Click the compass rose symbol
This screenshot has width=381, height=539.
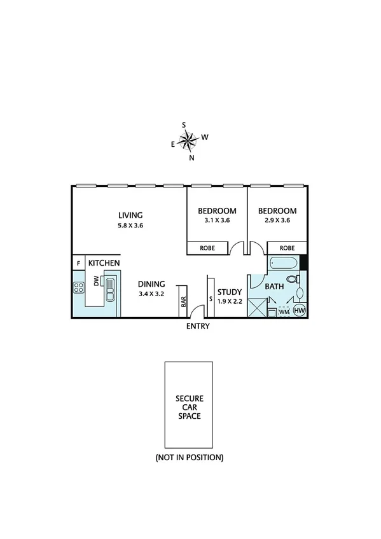click(x=189, y=140)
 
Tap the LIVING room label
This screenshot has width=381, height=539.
click(x=130, y=215)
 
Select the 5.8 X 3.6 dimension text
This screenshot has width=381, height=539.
click(x=130, y=226)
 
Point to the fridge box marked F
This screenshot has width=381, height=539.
click(x=78, y=263)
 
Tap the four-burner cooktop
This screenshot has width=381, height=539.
click(x=79, y=287)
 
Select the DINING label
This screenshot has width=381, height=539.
click(x=151, y=284)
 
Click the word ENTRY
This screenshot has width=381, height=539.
click(x=197, y=326)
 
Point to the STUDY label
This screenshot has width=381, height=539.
click(x=230, y=292)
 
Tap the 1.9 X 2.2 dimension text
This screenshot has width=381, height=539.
click(x=230, y=302)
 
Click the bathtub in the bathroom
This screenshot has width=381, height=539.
click(x=284, y=263)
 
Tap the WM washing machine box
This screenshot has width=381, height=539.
click(x=284, y=311)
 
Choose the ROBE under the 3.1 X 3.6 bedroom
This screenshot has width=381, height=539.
click(x=207, y=248)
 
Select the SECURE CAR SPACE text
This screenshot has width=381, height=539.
click(x=188, y=407)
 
